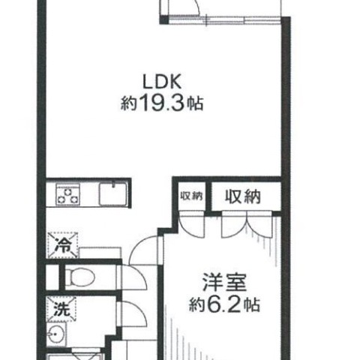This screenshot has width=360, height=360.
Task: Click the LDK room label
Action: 162,82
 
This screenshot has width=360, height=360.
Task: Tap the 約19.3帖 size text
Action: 162,103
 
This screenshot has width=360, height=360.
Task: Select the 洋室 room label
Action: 224,282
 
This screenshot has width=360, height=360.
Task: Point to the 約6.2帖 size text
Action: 224,304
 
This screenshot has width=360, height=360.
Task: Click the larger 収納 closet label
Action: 243,196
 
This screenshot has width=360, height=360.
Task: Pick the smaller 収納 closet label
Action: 191,196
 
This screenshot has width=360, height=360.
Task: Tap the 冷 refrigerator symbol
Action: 62,245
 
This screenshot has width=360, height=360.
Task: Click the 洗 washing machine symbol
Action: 61,309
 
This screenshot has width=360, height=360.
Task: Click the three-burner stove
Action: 67,194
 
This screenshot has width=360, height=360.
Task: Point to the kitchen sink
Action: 113,194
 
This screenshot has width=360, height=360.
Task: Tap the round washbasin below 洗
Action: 56,333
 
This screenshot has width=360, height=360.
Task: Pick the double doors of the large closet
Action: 247,224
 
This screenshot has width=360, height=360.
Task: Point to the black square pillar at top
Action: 164,19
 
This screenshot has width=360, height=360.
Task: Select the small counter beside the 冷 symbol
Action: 100,253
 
